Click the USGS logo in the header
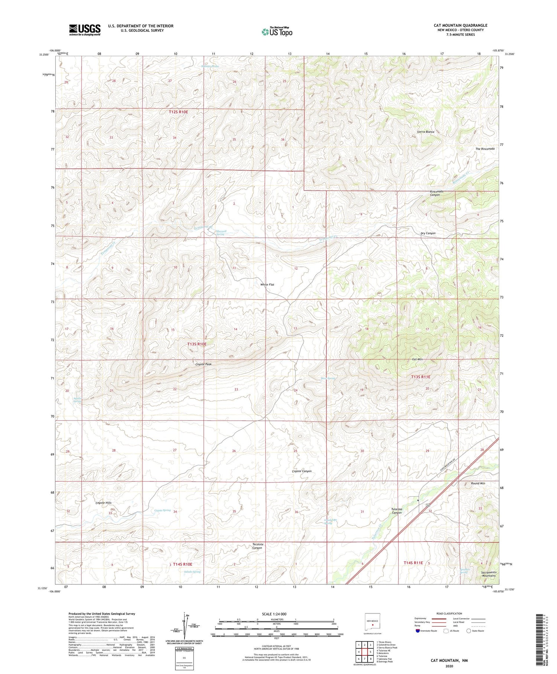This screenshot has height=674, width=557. [x=85, y=30]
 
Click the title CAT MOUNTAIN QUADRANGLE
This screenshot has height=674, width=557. [x=460, y=25]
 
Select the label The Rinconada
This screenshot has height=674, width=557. [x=485, y=149]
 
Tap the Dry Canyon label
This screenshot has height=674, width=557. [x=428, y=233]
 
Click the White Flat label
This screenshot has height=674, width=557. [x=267, y=284]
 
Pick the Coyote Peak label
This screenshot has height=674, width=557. [x=203, y=364]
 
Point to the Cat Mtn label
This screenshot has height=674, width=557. [x=417, y=359]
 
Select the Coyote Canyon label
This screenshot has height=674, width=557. [x=302, y=471]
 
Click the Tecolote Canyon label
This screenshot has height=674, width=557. [x=257, y=546]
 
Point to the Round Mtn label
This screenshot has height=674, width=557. [x=478, y=483]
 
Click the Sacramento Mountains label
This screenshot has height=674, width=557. [x=488, y=574]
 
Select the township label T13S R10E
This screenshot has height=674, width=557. [x=197, y=344]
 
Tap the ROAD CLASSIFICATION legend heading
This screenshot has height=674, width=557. [x=449, y=613]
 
